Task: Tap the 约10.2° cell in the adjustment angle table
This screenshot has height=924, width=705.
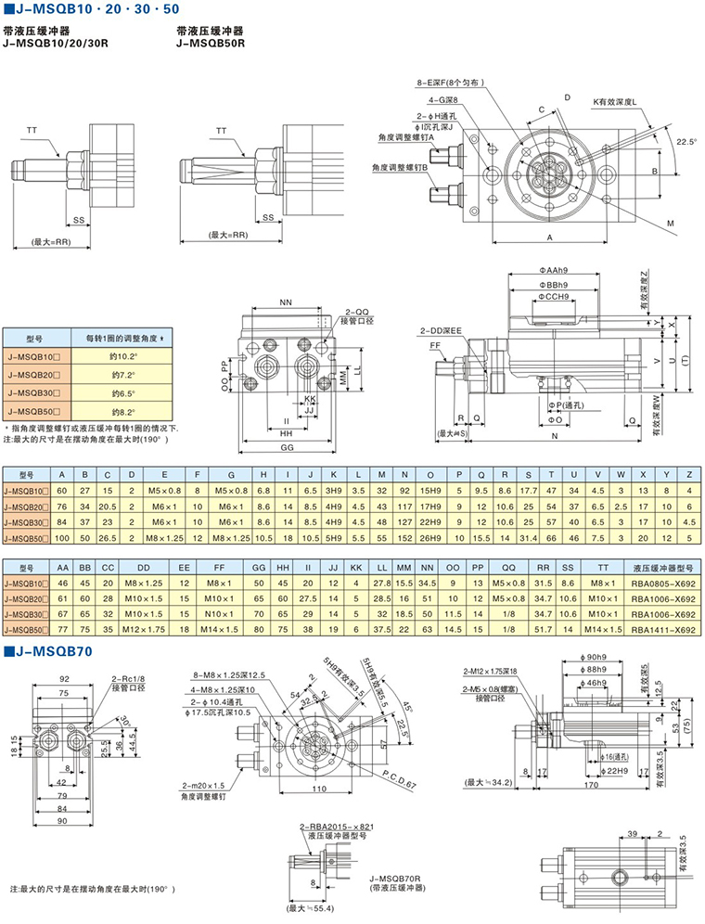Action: click(x=123, y=355)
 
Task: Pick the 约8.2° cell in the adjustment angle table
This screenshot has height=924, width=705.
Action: click(x=123, y=411)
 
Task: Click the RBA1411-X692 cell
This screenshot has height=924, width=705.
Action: click(x=661, y=630)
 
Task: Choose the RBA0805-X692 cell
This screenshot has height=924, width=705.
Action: click(x=661, y=583)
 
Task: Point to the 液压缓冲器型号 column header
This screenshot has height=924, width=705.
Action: click(x=661, y=565)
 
